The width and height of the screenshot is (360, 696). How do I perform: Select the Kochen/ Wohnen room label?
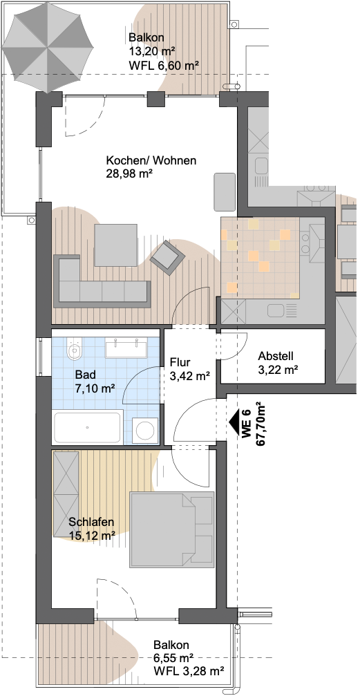(x=151, y=160)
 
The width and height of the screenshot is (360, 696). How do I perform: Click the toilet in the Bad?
(x=74, y=350)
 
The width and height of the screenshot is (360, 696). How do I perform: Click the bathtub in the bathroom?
(x=88, y=427)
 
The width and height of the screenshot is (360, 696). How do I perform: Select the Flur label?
(x=180, y=363)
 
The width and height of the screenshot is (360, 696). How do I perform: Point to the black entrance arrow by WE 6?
(x=234, y=419)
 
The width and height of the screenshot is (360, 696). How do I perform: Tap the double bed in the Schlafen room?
(x=172, y=529)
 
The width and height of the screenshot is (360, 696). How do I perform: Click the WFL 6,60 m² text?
(x=163, y=65)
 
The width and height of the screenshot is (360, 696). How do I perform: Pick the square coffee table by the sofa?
(x=115, y=245)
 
